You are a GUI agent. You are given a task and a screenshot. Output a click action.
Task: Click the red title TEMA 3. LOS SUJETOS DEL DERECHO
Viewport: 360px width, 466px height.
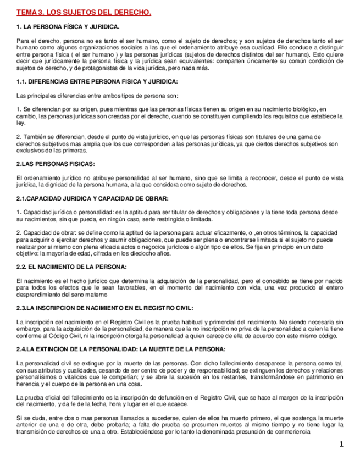(x=84, y=12)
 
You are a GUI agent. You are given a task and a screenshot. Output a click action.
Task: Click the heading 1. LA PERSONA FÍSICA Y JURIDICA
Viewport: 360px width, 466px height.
(x=68, y=27)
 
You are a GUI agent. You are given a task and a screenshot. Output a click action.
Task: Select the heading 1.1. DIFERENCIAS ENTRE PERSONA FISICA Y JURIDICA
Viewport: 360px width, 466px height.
(x=97, y=82)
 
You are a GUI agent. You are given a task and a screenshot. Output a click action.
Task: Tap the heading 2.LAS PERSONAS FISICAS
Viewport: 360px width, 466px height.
(x=56, y=164)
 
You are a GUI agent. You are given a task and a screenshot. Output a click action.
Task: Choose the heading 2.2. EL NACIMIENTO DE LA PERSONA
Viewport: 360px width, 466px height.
(x=71, y=267)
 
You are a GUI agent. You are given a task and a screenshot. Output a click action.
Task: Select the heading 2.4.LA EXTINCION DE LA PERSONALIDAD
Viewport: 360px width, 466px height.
(x=120, y=349)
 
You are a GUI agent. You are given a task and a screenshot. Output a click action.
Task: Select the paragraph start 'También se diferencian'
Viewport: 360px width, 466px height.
(x=49, y=137)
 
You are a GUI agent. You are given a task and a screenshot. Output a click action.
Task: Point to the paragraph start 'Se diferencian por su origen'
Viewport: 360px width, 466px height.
(x=55, y=109)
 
